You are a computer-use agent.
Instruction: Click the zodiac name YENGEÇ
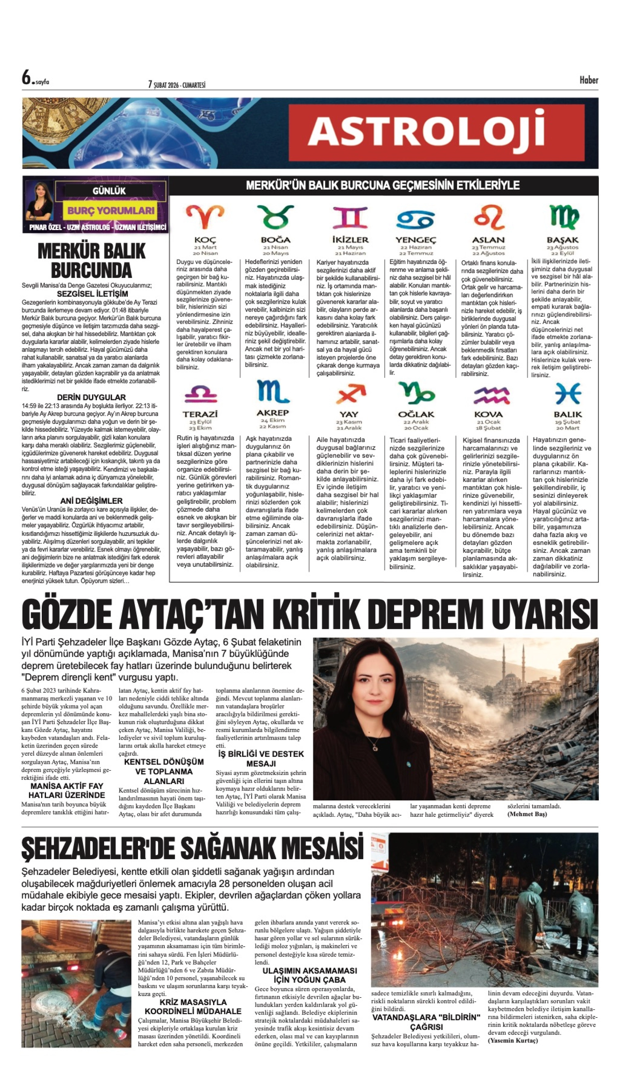[x=416, y=240]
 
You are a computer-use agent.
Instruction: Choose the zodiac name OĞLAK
[x=416, y=414]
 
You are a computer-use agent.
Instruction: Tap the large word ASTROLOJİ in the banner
[x=426, y=132]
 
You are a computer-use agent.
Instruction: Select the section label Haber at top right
[x=588, y=80]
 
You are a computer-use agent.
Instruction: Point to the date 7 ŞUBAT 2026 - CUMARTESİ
[x=177, y=85]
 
